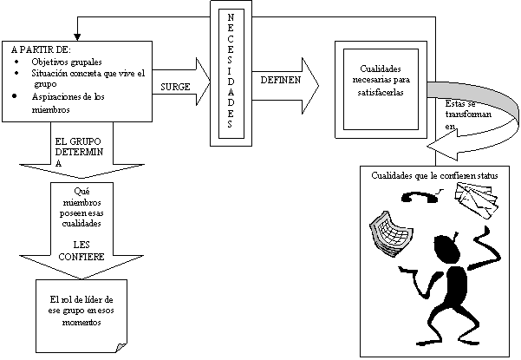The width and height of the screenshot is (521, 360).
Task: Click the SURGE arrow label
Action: tap(175, 88)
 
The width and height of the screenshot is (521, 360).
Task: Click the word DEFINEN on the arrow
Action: tap(277, 80)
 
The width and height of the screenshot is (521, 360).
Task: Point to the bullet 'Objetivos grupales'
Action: tap(65, 62)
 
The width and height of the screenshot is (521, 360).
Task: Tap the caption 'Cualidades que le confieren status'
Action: tap(435, 176)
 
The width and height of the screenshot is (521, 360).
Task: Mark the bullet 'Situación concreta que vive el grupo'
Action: tap(82, 79)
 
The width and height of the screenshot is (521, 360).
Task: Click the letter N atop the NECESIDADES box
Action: tap(230, 17)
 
